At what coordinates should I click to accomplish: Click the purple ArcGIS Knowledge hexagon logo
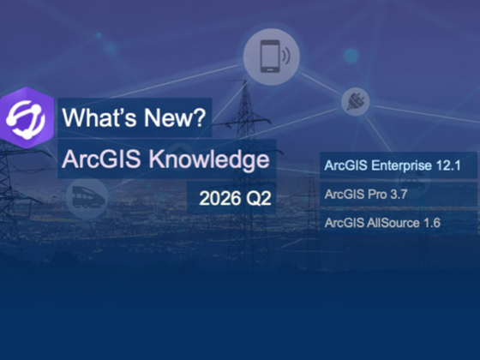27,118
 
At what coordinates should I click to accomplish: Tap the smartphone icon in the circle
270,57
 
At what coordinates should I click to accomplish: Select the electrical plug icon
355,102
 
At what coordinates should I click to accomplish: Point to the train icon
87,197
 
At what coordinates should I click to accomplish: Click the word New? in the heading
175,117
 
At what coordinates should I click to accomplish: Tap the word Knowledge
209,159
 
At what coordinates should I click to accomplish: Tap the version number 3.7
399,195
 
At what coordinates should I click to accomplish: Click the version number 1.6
432,223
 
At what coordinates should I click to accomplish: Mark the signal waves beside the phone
286,56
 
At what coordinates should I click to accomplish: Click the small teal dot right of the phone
351,56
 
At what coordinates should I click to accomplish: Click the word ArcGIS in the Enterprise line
346,165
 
